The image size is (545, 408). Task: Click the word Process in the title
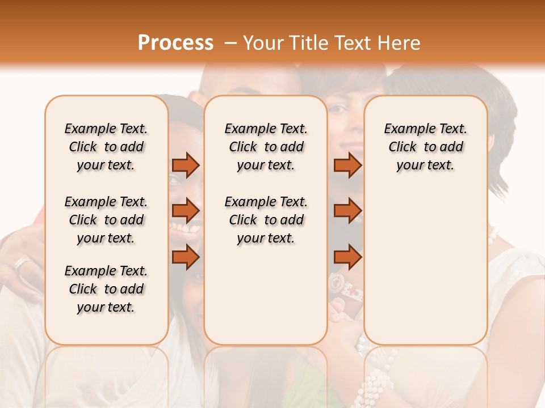(175, 43)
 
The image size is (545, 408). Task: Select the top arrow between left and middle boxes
(186, 165)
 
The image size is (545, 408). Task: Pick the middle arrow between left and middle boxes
(186, 211)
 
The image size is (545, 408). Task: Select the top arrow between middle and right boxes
(347, 165)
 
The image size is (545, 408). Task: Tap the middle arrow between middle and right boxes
(347, 211)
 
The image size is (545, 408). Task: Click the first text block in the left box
(106, 147)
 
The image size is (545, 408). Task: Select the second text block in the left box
(106, 220)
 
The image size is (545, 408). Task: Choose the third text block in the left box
(106, 289)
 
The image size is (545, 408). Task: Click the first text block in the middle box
(266, 147)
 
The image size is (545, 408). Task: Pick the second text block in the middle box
(266, 220)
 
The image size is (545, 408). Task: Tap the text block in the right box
(425, 147)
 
